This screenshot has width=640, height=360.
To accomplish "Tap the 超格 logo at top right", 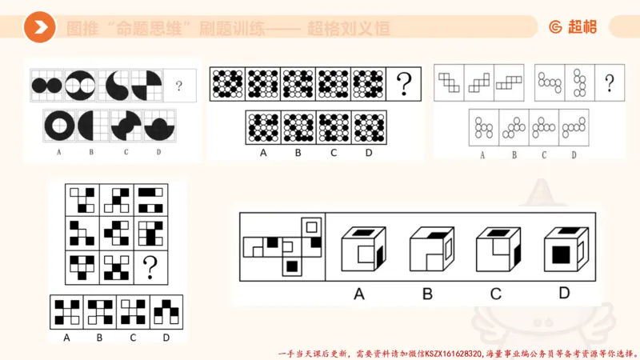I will (x=572, y=27).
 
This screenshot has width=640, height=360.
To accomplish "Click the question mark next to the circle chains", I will (x=610, y=82).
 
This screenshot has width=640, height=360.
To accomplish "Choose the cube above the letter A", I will (x=360, y=250).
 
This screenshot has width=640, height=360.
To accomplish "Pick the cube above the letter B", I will (x=427, y=250).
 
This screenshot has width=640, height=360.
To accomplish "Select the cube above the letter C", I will (x=495, y=250).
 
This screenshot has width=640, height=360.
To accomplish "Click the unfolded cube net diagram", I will (x=282, y=246).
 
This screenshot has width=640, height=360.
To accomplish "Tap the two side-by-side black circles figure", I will (x=46, y=83).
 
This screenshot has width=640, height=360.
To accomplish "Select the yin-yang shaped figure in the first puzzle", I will (x=114, y=83).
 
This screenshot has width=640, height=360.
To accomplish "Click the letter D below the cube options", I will (x=564, y=294).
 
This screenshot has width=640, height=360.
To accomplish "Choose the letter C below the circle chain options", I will (x=544, y=155).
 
